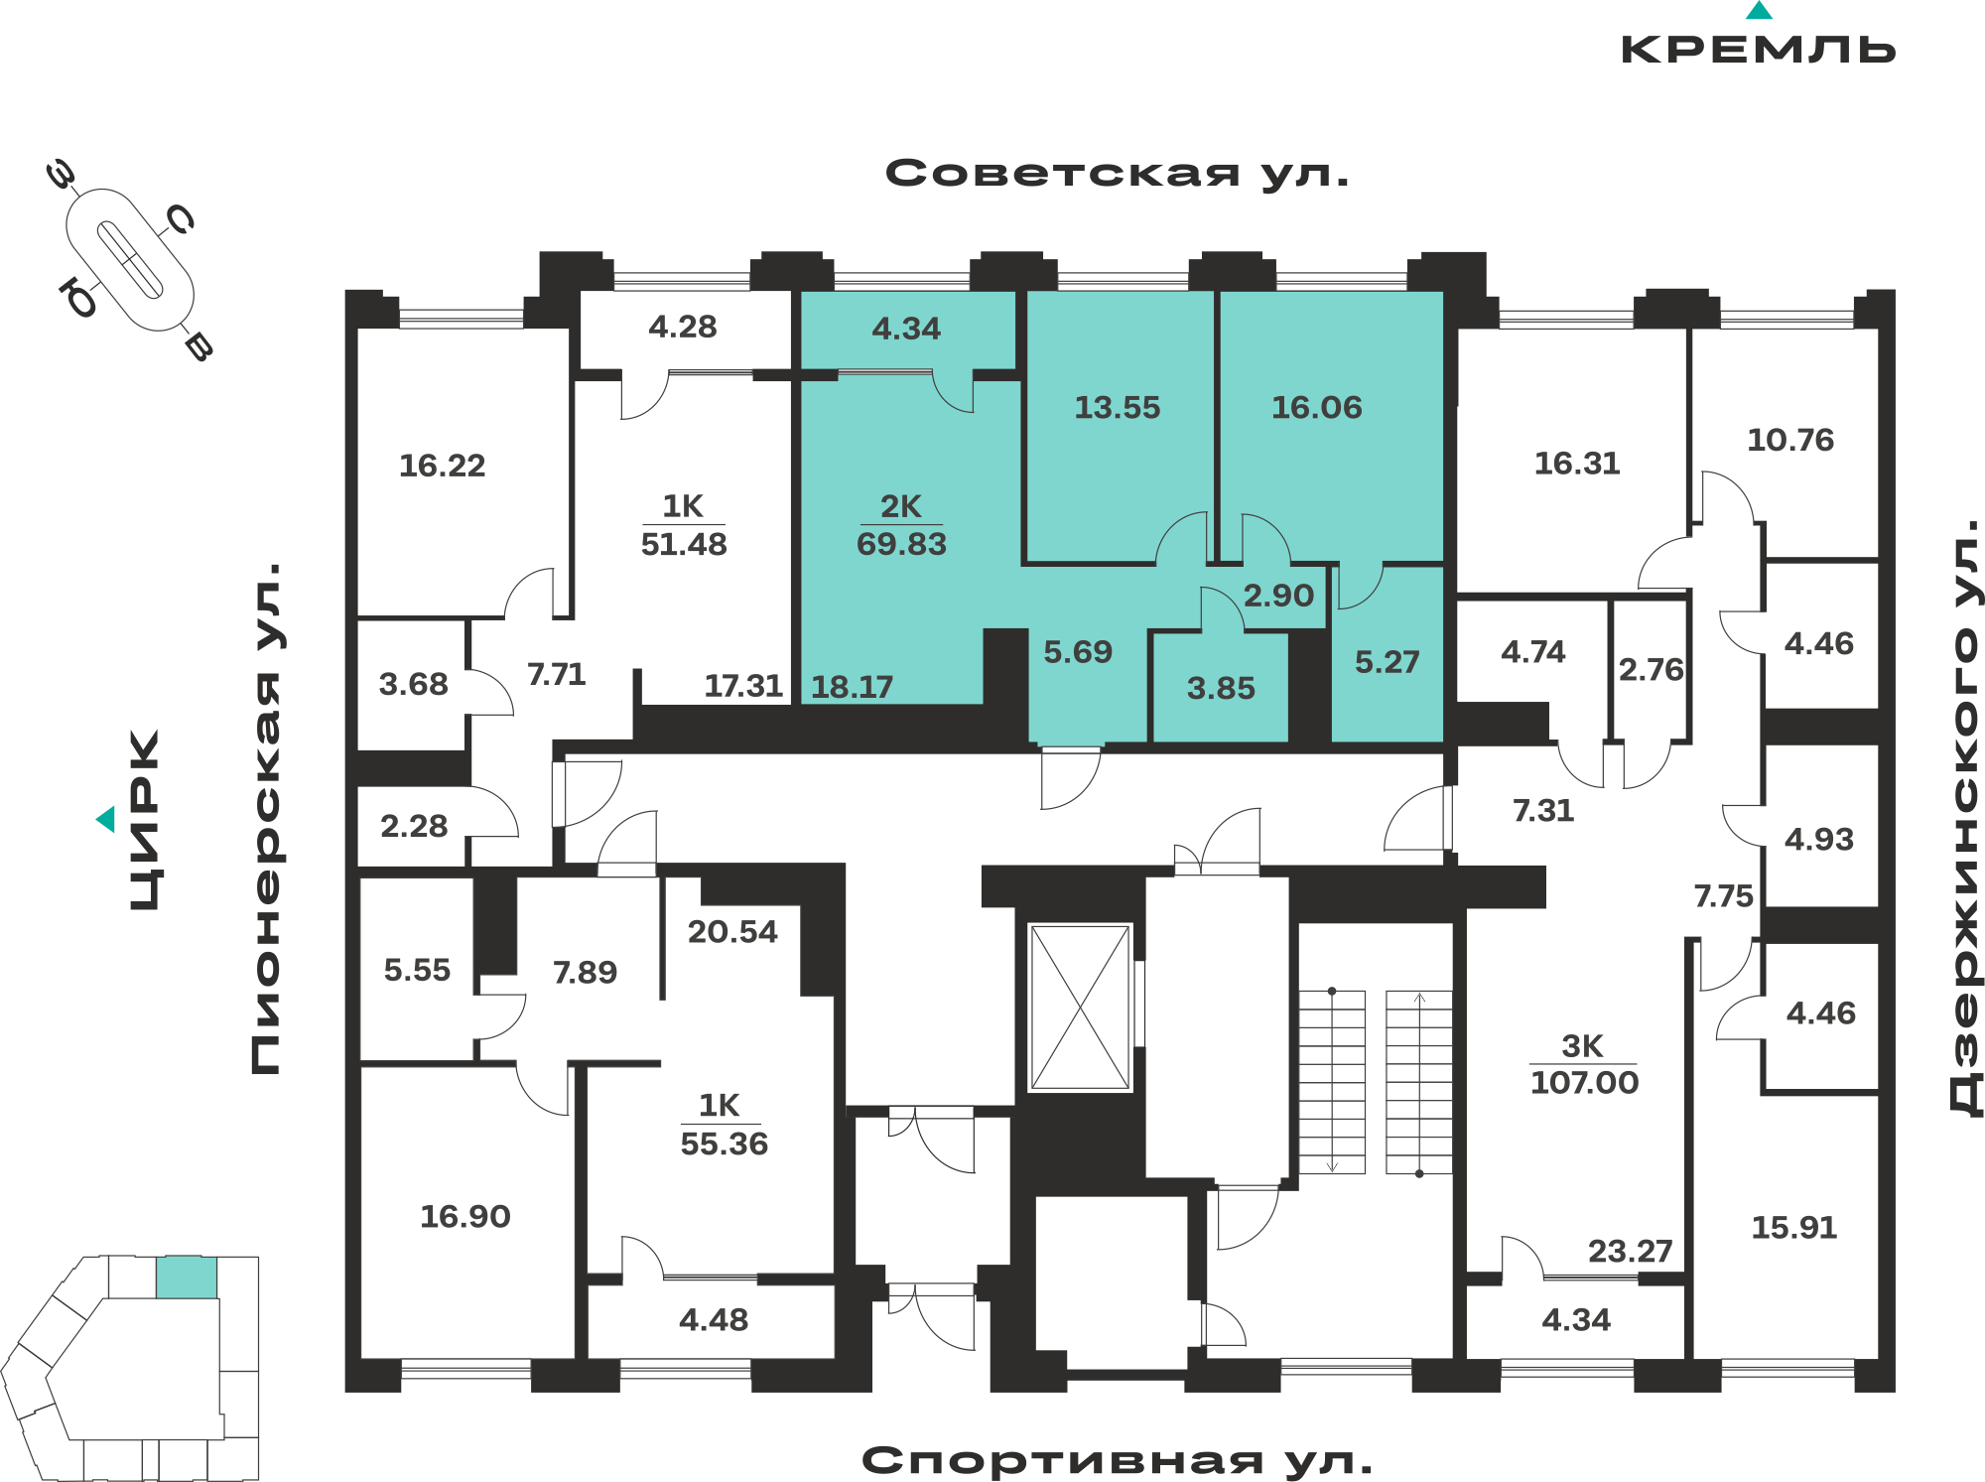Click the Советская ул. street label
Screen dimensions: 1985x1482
(x=1118, y=174)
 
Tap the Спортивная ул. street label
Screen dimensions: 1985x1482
(x=1118, y=1460)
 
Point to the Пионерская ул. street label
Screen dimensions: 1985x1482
(x=266, y=818)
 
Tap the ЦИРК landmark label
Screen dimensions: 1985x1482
(x=145, y=820)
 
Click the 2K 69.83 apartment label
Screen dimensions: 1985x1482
(x=901, y=525)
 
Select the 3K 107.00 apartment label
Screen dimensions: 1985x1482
(x=1584, y=1064)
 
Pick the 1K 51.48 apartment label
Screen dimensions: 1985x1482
(x=684, y=525)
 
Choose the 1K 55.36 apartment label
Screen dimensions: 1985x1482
(x=724, y=1125)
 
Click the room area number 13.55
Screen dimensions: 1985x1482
(x=1118, y=408)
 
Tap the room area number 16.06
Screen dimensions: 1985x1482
(x=1317, y=407)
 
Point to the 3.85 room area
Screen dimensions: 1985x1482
(x=1221, y=688)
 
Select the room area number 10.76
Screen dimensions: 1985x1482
(x=1790, y=440)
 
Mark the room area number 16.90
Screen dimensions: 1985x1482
(x=465, y=1216)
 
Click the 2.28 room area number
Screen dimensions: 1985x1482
(x=414, y=826)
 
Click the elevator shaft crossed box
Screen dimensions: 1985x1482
(x=1080, y=1008)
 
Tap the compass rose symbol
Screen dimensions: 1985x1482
(x=130, y=260)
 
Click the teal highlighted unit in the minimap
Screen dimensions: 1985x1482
(x=187, y=1278)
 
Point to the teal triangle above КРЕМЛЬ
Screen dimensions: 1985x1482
(x=1759, y=11)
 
